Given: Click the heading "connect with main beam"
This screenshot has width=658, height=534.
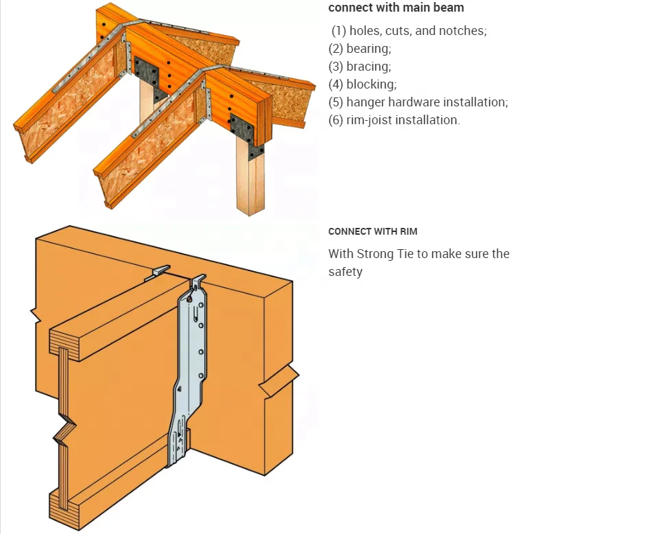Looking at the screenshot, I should click(396, 8).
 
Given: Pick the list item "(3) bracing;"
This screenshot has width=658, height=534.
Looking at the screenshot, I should click(360, 67).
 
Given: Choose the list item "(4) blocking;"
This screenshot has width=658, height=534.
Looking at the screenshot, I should click(362, 84).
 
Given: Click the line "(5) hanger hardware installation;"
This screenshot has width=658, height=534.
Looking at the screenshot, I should click(418, 102).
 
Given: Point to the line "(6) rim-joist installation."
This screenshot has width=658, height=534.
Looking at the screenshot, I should click(394, 120).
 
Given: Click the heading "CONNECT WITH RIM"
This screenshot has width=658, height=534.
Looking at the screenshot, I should click(373, 232).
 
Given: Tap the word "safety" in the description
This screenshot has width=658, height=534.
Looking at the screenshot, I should click(345, 272).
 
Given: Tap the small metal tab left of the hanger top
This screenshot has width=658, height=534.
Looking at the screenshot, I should click(160, 272).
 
